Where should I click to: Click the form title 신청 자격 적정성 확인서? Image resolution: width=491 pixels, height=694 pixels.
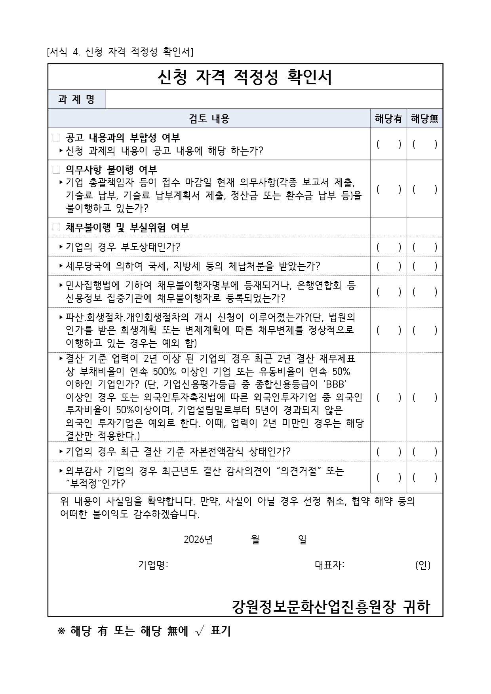point(245,77)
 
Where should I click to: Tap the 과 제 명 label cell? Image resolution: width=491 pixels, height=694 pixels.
point(76,99)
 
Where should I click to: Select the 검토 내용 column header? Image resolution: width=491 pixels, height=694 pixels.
point(209,118)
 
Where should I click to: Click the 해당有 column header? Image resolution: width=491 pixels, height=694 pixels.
point(388,119)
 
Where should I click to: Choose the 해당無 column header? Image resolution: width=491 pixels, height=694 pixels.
point(424,119)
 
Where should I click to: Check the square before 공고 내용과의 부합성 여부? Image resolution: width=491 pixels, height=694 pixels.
point(57,138)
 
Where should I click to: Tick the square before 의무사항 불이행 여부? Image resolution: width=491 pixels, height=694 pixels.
point(57,170)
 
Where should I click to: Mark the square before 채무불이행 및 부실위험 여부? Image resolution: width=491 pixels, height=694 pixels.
point(57,228)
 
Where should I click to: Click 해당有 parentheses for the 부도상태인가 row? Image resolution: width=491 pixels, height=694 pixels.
point(388,247)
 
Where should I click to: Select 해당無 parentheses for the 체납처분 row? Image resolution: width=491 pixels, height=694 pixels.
point(424,266)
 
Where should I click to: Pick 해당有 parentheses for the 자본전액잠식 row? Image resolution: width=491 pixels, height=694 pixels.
point(388,451)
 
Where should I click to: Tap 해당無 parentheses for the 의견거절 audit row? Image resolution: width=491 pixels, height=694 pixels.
point(424,477)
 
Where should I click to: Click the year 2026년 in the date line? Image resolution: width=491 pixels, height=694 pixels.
point(198,540)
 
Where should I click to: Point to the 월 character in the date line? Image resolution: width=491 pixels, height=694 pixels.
point(255,540)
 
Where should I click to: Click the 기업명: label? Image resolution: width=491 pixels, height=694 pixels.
point(153,565)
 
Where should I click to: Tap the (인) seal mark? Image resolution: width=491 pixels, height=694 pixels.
point(422,565)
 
